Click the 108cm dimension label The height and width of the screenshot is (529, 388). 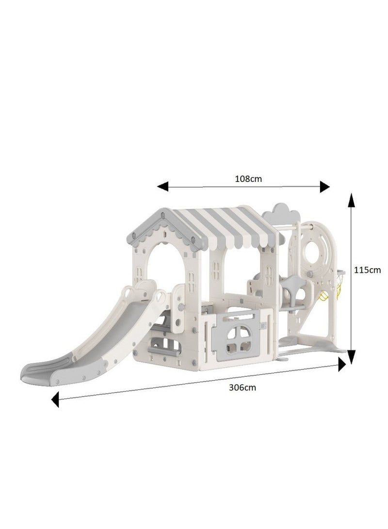pos(248,179)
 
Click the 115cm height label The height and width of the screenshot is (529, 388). pos(367,270)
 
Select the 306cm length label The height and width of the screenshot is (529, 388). pos(242,387)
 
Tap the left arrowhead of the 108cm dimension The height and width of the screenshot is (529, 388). pos(162,186)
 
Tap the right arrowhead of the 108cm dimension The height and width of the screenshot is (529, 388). pos(324,187)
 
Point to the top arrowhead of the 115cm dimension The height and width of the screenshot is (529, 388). pos(352,200)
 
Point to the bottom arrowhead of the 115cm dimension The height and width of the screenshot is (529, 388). pos(352,357)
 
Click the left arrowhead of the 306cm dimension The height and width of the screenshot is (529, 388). pos(55,400)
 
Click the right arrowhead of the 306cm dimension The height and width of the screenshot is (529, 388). pos(342,364)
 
